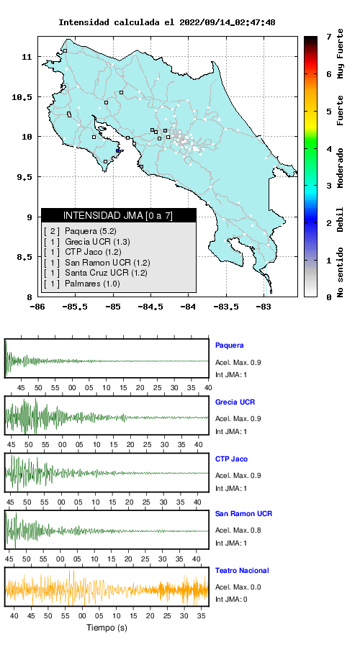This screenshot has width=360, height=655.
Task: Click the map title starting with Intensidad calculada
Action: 166,22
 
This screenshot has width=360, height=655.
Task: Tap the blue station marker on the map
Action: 118,151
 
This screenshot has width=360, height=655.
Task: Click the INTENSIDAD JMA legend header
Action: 118,215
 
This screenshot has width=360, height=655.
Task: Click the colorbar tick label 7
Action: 328,37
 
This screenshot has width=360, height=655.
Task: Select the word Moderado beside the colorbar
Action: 341,168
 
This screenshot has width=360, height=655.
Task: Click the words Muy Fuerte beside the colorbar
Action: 341,53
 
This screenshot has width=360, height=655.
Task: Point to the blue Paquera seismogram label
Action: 229,345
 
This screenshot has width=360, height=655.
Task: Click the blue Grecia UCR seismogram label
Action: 235,402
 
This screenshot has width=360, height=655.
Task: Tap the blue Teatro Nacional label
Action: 242,571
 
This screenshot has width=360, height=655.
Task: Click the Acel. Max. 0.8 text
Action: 238,530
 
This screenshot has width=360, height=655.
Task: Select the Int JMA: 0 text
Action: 231,600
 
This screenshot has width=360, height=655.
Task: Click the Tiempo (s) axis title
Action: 107,628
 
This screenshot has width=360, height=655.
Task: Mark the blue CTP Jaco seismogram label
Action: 231,459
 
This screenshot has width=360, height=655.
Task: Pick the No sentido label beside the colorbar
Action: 341,272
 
